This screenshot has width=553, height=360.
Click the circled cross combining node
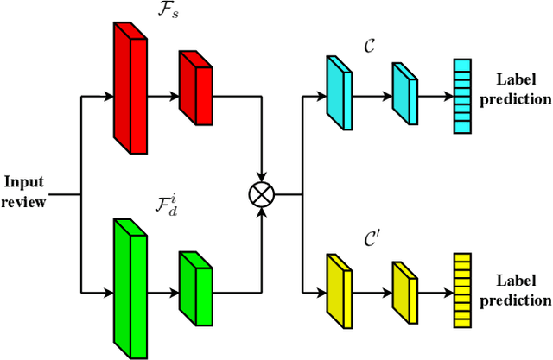(260, 194)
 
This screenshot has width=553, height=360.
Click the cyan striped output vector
(464, 97)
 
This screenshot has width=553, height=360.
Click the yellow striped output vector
(464, 291)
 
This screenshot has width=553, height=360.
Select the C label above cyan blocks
(370, 49)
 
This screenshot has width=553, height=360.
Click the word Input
(24, 182)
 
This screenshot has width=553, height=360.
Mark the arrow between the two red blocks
(163, 96)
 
